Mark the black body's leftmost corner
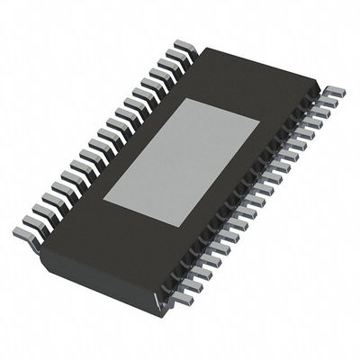[40, 246]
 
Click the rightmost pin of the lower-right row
[335, 92]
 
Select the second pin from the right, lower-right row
[328, 102]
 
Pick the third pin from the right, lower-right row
[320, 112]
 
